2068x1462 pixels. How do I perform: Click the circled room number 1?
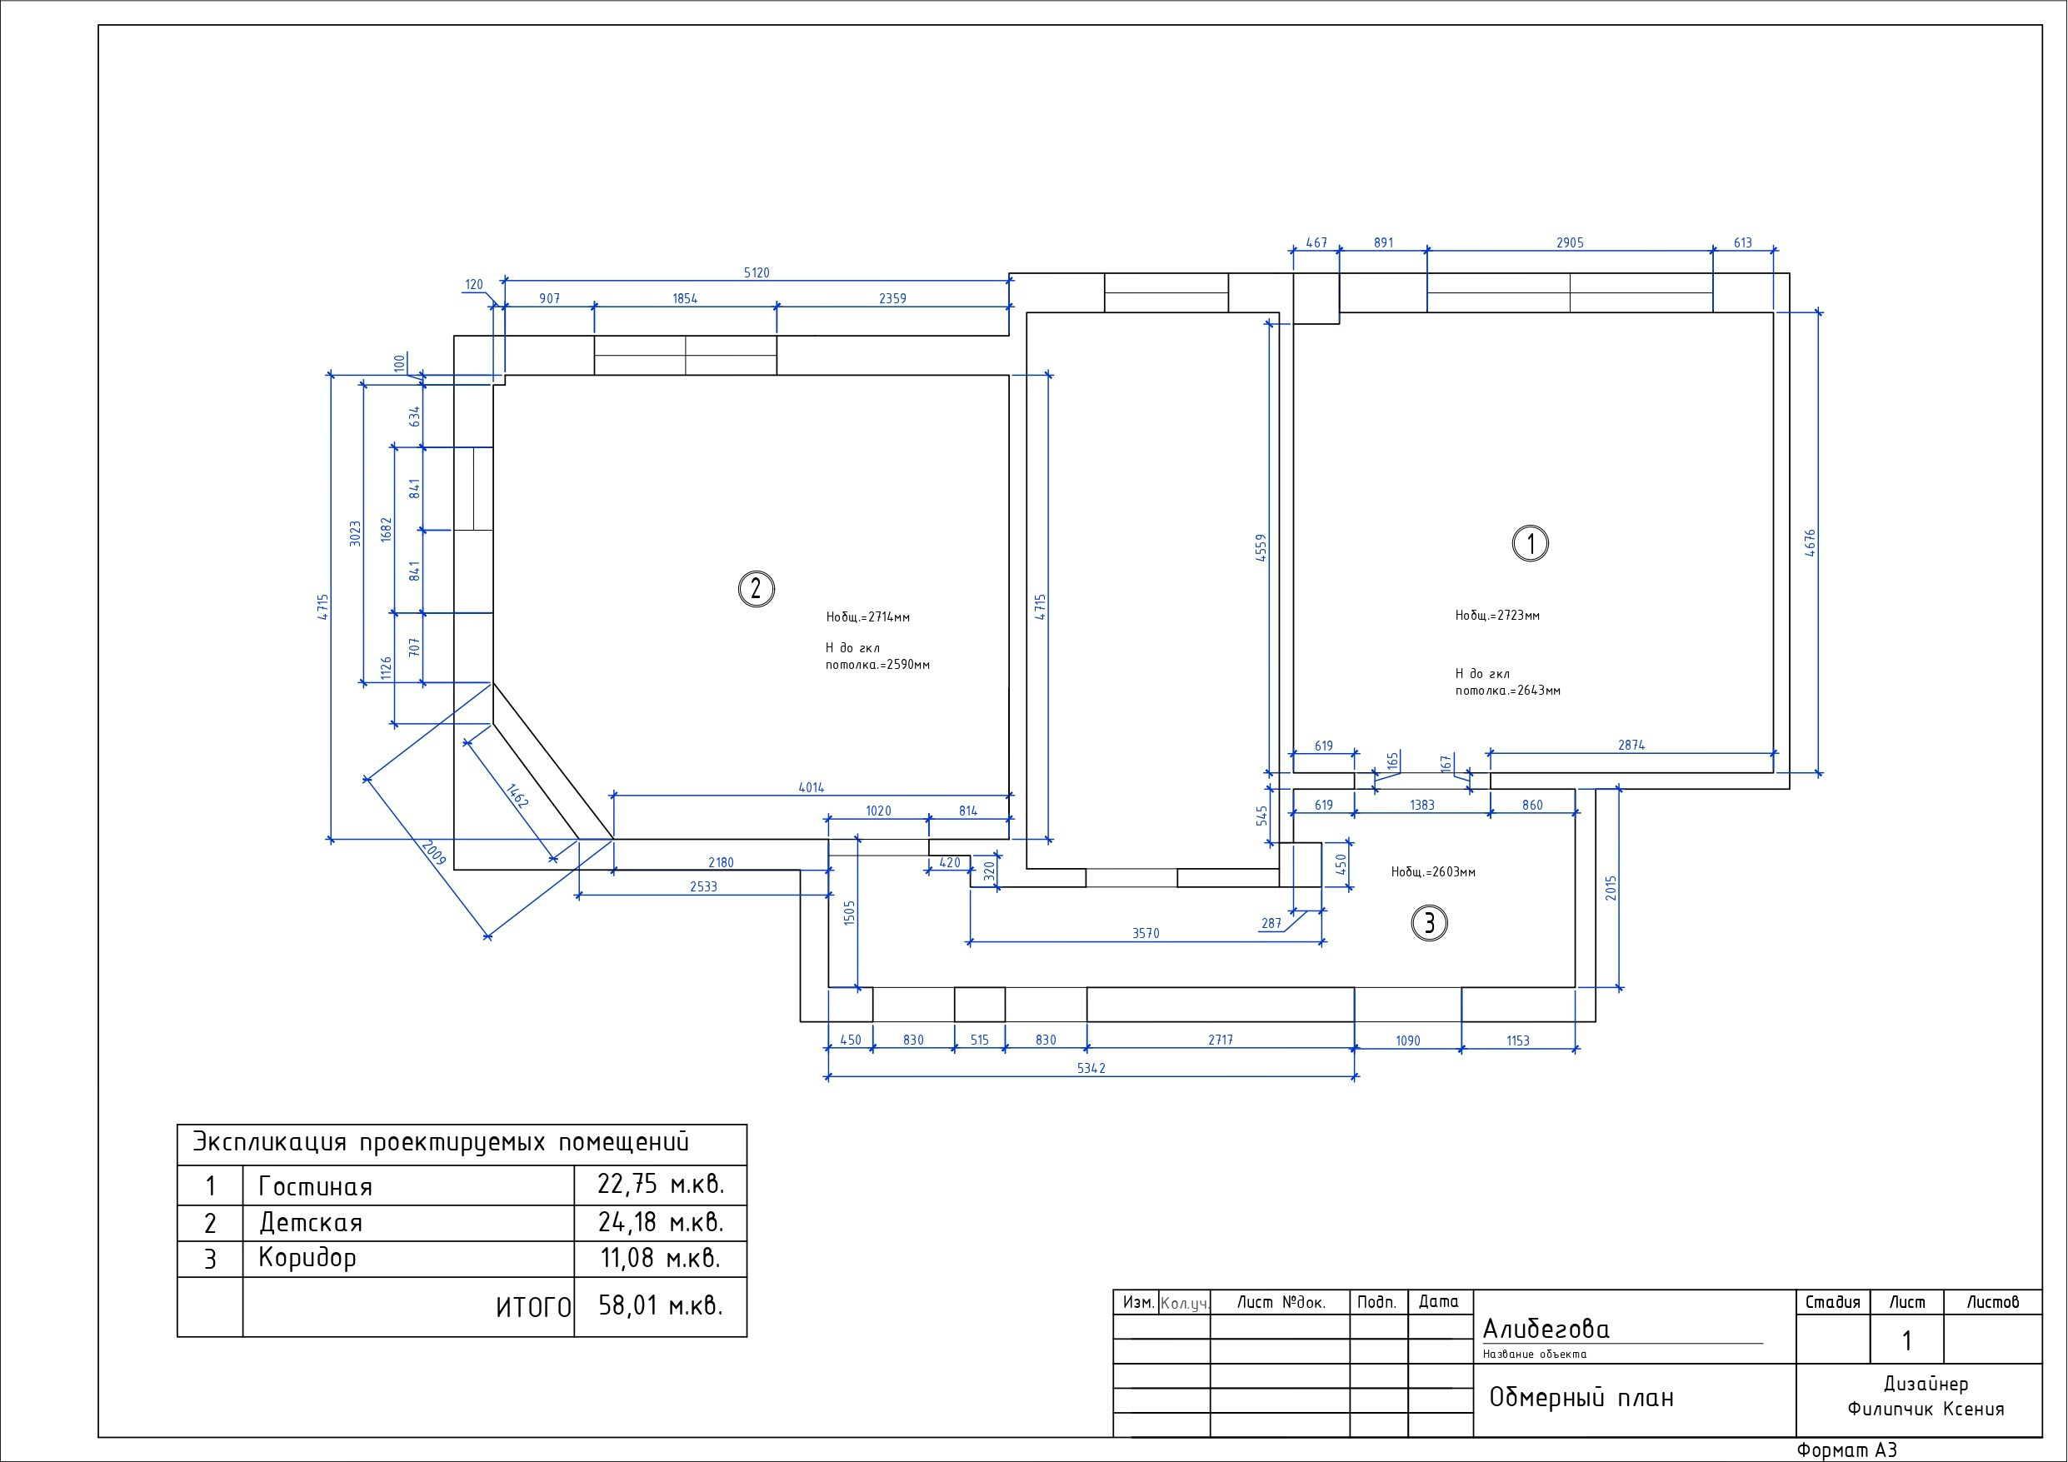pos(1531,543)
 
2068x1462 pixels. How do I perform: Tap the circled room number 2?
pos(756,589)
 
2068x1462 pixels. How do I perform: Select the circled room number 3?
pos(1430,923)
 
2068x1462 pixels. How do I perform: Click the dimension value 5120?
pos(757,273)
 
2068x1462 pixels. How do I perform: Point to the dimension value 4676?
pos(1811,543)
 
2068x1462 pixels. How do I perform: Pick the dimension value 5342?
pos(1091,1068)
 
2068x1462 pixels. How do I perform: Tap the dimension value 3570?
pos(1146,933)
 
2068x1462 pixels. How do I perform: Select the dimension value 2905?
pos(1570,243)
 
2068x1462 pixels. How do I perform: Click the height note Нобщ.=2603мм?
pos(1433,872)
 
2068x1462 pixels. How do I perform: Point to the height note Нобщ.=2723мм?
pos(1498,616)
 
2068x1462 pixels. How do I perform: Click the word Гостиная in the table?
pos(315,1186)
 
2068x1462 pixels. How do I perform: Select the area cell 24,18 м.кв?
pos(661,1222)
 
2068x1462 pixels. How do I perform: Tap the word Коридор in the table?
pos(307,1259)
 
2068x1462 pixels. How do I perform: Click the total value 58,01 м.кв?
pos(661,1305)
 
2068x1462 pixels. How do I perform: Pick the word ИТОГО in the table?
pos(534,1308)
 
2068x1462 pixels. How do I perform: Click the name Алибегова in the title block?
pos(1546,1330)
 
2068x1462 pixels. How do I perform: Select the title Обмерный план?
pos(1581,1397)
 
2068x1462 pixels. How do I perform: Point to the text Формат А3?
pos(1846,1450)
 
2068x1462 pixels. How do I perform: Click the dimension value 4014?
pos(811,787)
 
